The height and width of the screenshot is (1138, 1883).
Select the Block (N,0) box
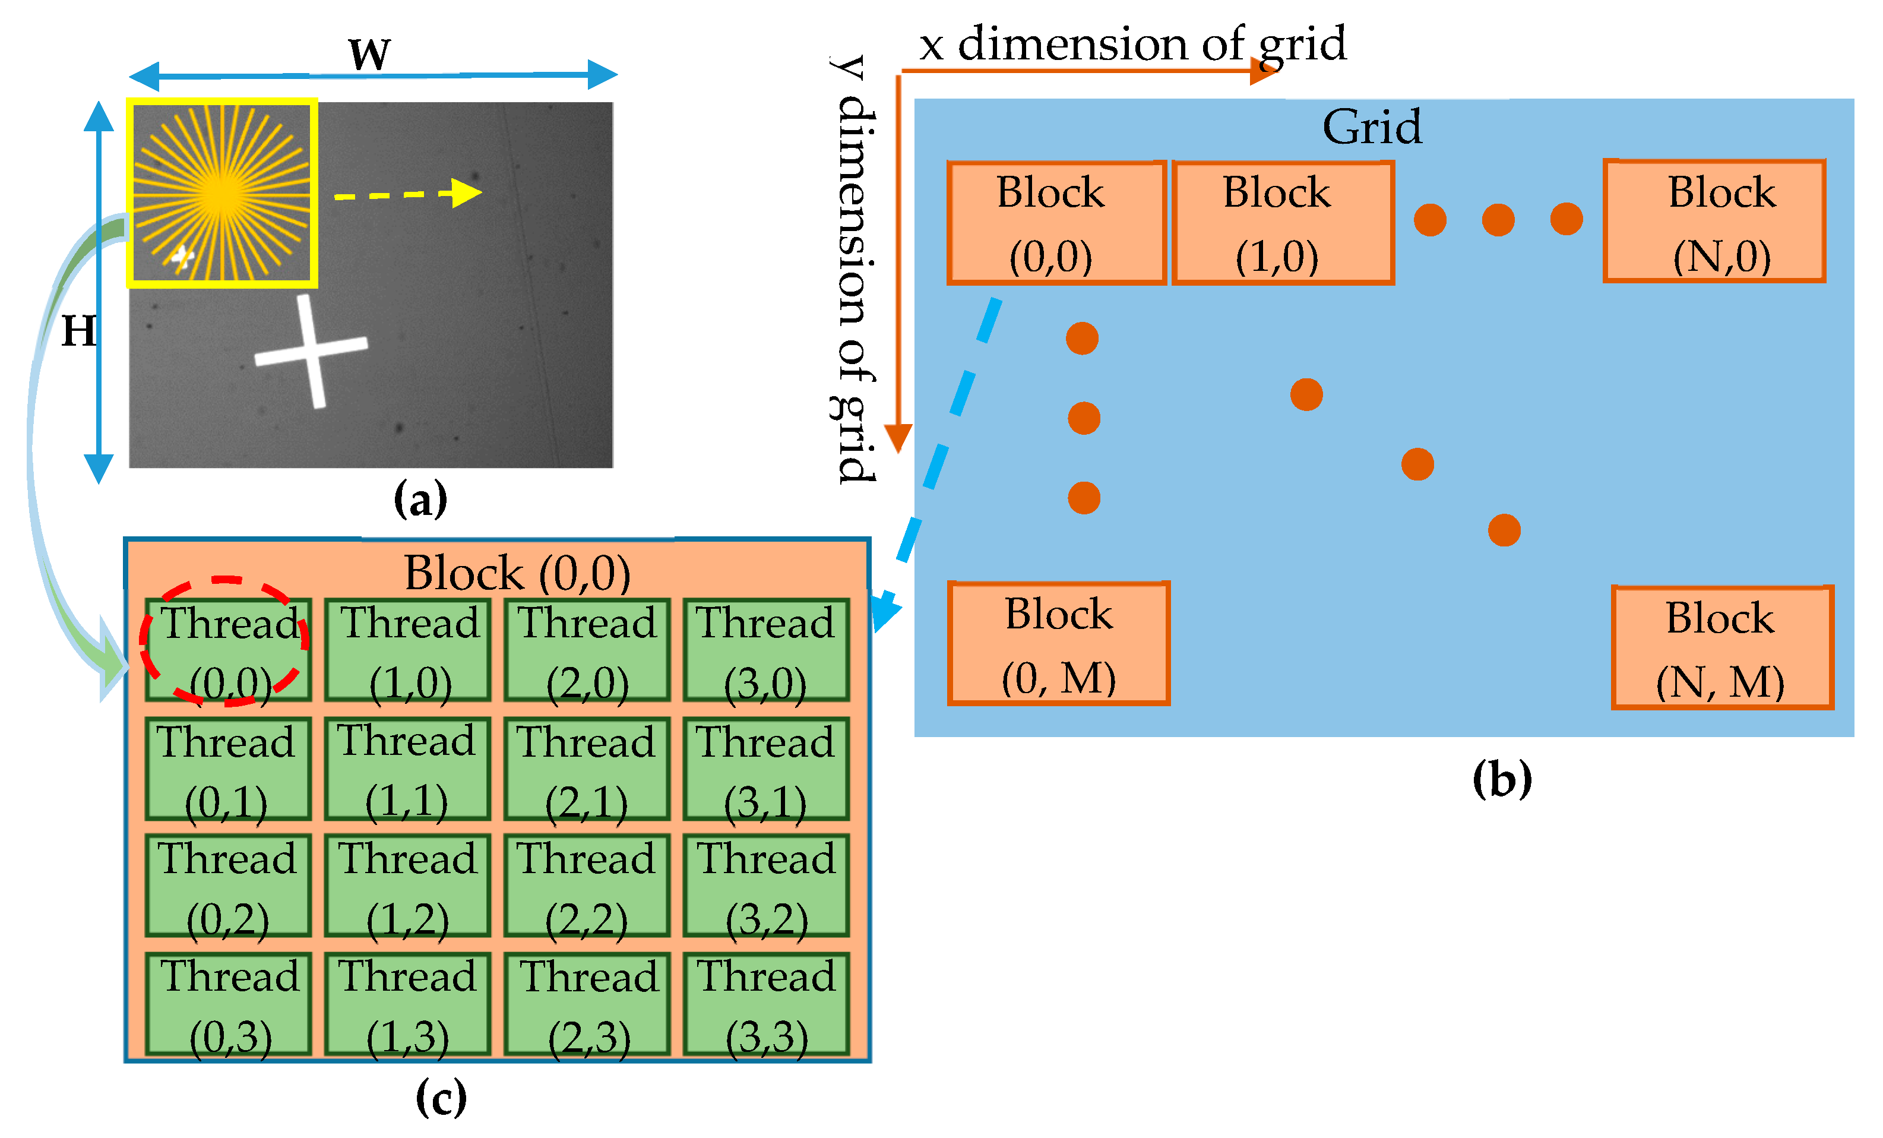click(x=1714, y=222)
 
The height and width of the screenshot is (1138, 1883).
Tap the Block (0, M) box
click(x=1058, y=643)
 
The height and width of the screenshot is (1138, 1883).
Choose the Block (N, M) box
click(x=1721, y=648)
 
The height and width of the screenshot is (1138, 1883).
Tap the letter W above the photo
click(x=369, y=53)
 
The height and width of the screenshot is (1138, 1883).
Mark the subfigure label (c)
click(x=441, y=1098)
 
